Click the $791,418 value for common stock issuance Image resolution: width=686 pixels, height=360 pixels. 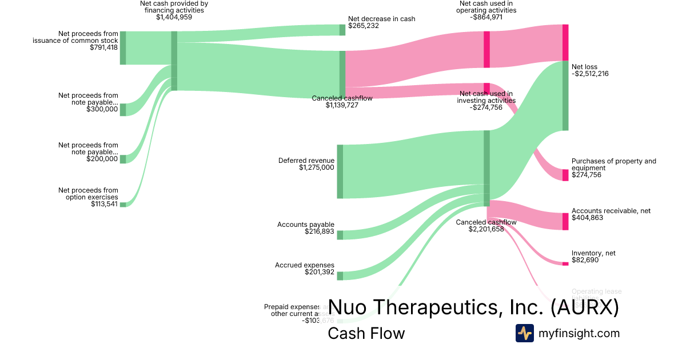click(103, 47)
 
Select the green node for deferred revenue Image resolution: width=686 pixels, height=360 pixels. click(340, 171)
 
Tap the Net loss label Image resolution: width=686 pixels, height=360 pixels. click(584, 67)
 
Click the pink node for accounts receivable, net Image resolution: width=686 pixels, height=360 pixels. click(565, 221)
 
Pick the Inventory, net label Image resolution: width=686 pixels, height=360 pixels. click(593, 253)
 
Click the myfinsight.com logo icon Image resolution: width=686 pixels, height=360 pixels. click(524, 333)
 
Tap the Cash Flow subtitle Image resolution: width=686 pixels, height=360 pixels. click(366, 333)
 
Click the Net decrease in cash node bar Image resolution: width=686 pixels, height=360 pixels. click(342, 30)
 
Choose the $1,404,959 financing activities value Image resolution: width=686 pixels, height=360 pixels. click(174, 18)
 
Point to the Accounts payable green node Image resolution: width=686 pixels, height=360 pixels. click(340, 235)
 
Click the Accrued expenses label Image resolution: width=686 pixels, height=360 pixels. click(304, 265)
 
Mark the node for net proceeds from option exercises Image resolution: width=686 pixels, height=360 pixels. click(122, 204)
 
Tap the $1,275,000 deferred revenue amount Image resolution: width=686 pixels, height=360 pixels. click(316, 168)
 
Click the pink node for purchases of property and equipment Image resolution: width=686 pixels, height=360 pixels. click(565, 175)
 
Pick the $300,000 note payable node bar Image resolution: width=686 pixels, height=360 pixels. click(122, 109)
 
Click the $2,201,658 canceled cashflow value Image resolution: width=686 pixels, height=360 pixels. click(486, 229)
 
